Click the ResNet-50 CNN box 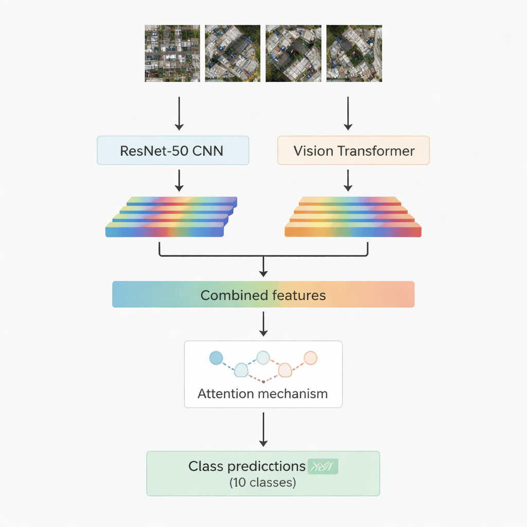[172, 150]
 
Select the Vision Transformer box [354, 150]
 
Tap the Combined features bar [263, 294]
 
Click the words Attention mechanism [262, 394]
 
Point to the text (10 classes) [262, 483]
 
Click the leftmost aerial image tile [172, 54]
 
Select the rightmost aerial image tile [354, 54]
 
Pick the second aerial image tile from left [233, 54]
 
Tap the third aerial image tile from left [293, 54]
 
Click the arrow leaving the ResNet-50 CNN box [179, 180]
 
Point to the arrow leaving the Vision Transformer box [348, 180]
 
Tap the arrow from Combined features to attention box [263, 323]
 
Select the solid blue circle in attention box [216, 358]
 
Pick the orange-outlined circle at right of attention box [310, 358]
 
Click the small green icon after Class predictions [323, 467]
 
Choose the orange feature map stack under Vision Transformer [353, 217]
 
